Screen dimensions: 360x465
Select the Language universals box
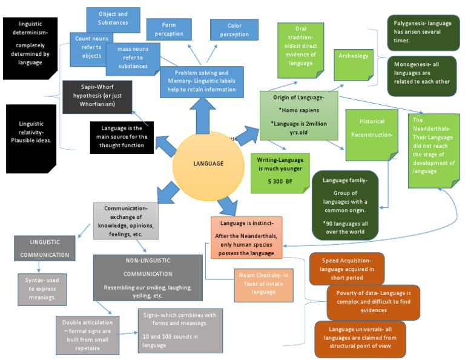[x=360, y=338]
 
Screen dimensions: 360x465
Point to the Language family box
[x=343, y=207]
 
